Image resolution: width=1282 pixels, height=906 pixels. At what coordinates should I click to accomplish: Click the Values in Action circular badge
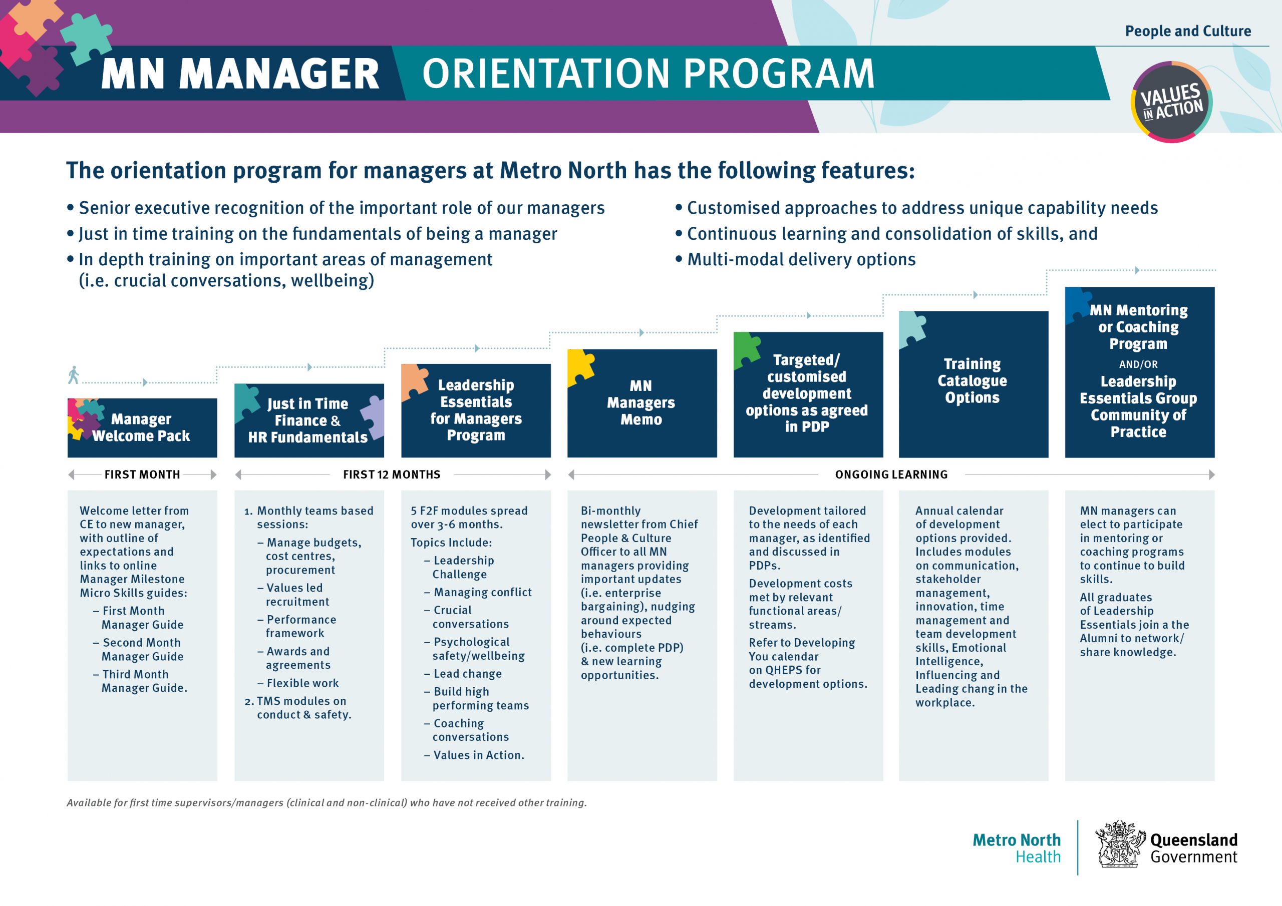[x=1171, y=102]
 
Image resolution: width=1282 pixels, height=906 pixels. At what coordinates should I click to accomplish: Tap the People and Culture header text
[x=1188, y=31]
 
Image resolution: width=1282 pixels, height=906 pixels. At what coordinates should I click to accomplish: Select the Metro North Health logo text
[x=1016, y=848]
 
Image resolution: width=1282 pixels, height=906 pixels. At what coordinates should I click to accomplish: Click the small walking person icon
[x=73, y=375]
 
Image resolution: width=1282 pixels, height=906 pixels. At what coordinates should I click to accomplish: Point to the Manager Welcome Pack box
[x=142, y=427]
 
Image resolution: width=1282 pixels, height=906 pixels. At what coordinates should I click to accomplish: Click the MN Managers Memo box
[x=642, y=403]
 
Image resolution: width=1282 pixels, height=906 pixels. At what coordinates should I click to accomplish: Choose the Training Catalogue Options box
[x=973, y=384]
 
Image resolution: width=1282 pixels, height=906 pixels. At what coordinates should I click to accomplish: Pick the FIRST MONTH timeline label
[x=142, y=475]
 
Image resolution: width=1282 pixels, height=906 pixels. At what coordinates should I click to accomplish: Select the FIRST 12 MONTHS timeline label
[x=392, y=475]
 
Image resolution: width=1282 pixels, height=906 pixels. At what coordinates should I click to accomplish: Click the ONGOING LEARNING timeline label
[x=891, y=475]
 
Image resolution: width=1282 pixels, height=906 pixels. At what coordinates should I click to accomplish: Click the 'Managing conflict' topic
[x=478, y=592]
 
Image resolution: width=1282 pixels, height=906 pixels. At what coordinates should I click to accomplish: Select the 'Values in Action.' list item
[x=474, y=755]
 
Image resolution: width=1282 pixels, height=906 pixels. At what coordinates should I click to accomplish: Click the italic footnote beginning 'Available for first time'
[x=327, y=803]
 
